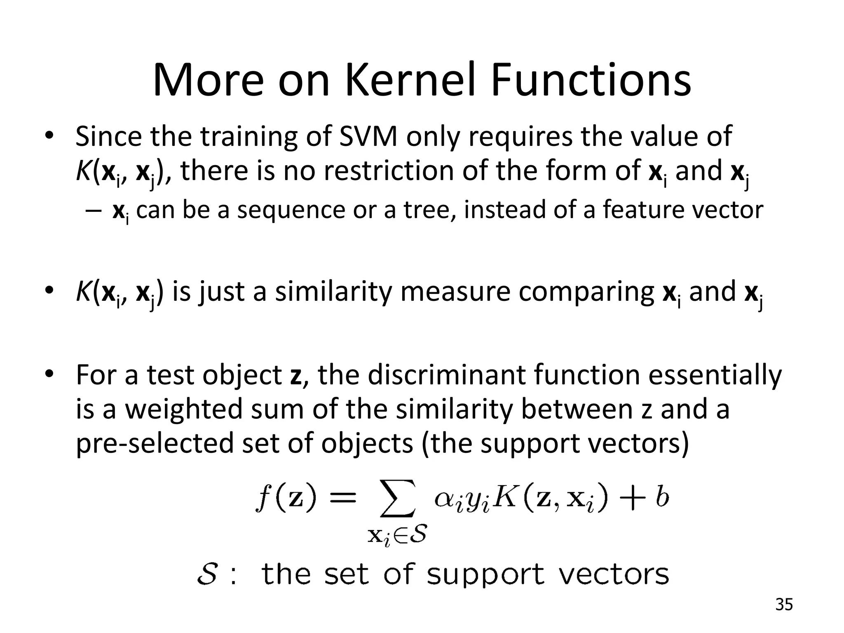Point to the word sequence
(291, 210)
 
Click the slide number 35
(783, 605)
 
